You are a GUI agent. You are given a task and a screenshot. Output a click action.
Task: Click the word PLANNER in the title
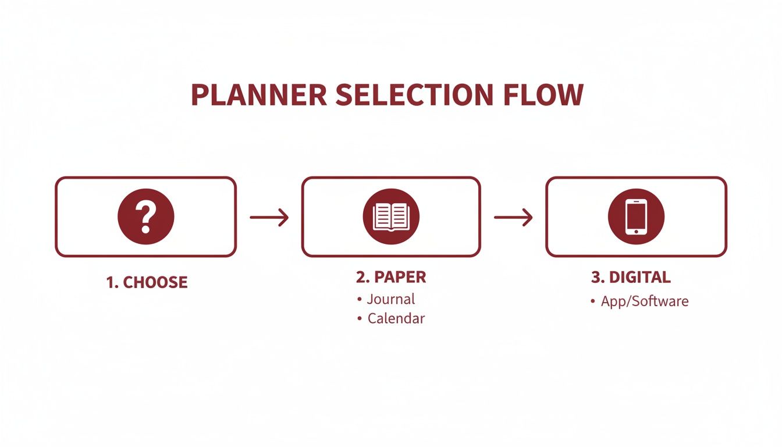click(x=259, y=95)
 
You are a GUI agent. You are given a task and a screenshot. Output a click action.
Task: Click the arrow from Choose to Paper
click(x=269, y=218)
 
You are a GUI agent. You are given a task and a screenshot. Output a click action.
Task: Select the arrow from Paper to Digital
click(x=513, y=218)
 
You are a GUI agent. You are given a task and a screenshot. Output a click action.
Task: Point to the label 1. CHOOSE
click(x=147, y=283)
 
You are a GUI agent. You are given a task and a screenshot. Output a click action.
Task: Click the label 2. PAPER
click(x=391, y=278)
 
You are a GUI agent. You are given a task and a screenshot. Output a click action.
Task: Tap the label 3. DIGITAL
click(x=631, y=278)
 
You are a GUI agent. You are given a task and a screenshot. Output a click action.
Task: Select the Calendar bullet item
click(x=396, y=319)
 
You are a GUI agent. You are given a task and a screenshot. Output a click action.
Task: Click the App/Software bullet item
click(x=644, y=301)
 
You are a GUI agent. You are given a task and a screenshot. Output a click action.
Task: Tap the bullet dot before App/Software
click(x=592, y=302)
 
